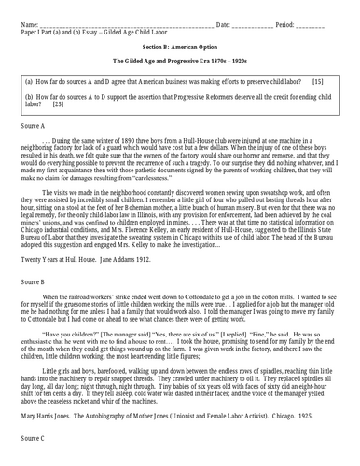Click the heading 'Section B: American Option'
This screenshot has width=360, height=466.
[x=180, y=45]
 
